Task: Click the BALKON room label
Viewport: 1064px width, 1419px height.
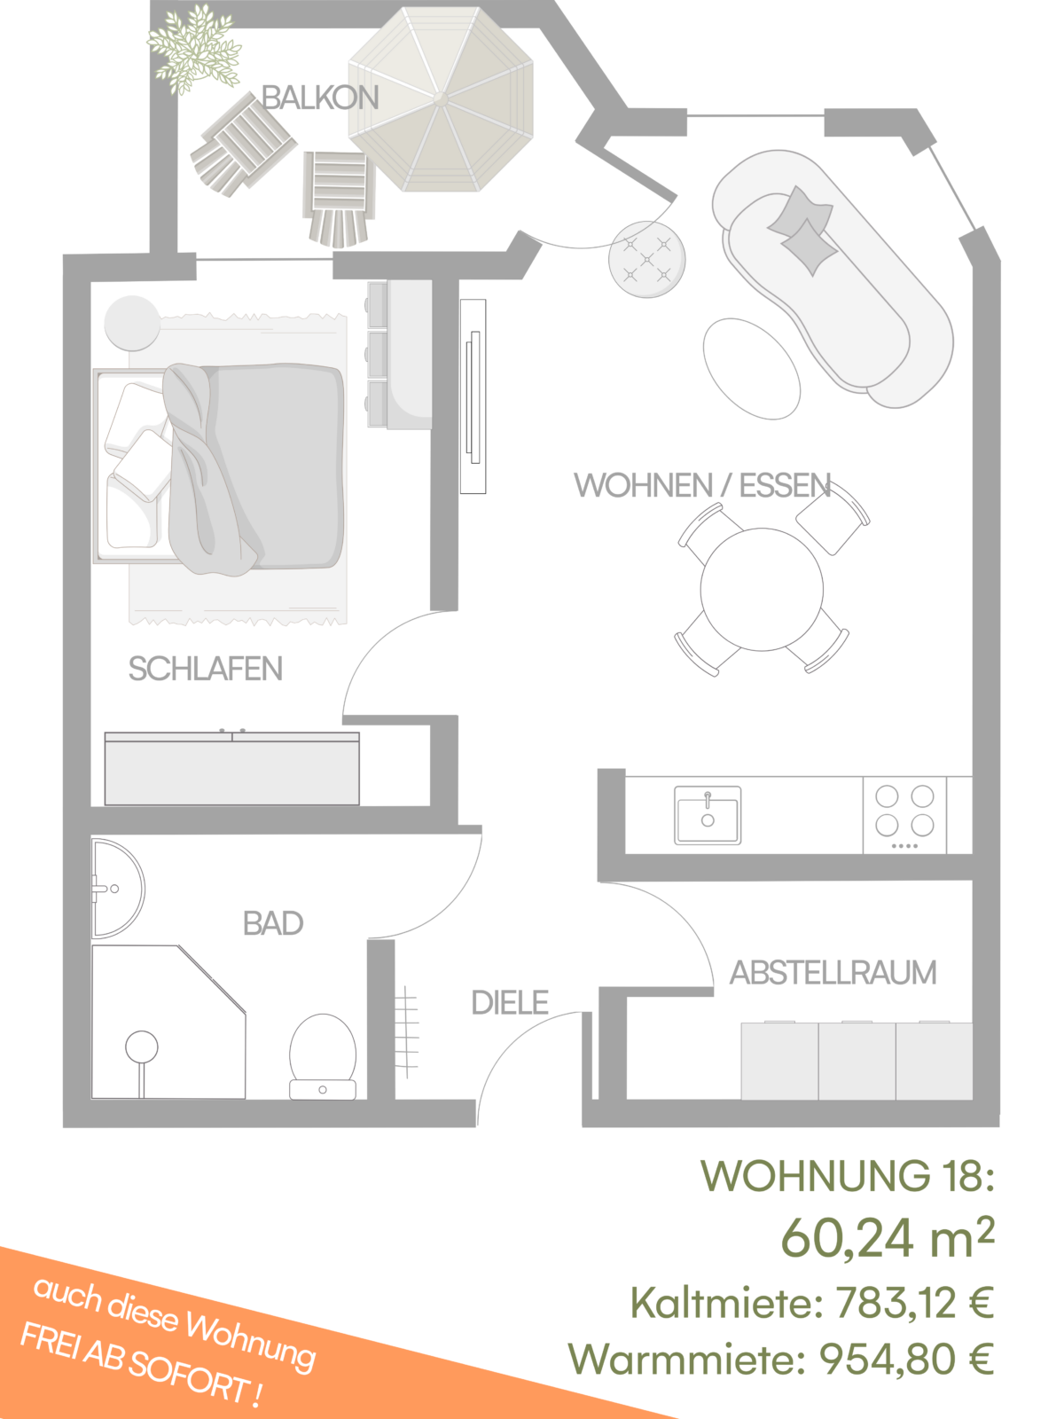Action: point(320,98)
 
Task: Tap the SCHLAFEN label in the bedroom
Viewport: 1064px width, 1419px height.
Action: point(206,669)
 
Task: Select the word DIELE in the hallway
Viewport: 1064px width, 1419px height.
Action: point(510,1003)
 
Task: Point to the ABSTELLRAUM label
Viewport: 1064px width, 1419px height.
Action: point(833,972)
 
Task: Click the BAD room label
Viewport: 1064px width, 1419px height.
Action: point(272,923)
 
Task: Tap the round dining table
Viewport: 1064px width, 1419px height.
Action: point(762,589)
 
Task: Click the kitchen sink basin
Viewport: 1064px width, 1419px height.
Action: point(708,815)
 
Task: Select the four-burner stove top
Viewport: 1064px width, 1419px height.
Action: point(904,815)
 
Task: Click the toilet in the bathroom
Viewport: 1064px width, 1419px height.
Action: point(323,1055)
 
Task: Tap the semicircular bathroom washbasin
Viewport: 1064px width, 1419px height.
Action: point(118,889)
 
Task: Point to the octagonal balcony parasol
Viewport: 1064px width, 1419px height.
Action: point(442,99)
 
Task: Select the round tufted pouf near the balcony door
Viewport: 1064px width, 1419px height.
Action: point(646,259)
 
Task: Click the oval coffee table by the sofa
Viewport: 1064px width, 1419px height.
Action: point(752,368)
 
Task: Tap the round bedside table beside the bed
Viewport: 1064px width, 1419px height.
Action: point(132,323)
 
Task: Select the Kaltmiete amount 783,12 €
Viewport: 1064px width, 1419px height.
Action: point(914,1302)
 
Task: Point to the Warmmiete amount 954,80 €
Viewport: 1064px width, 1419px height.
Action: point(906,1359)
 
